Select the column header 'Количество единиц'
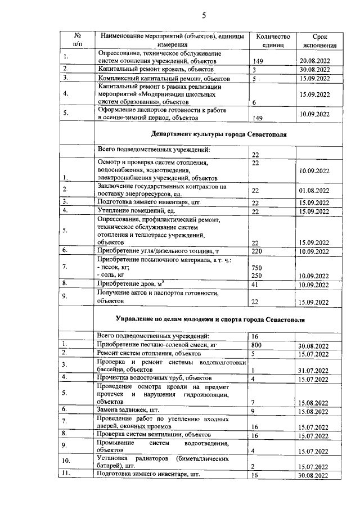coord(272,40)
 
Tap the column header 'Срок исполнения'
coord(319,40)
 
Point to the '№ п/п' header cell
coord(77,40)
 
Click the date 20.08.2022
coord(319,61)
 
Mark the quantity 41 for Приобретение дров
coord(255,285)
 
